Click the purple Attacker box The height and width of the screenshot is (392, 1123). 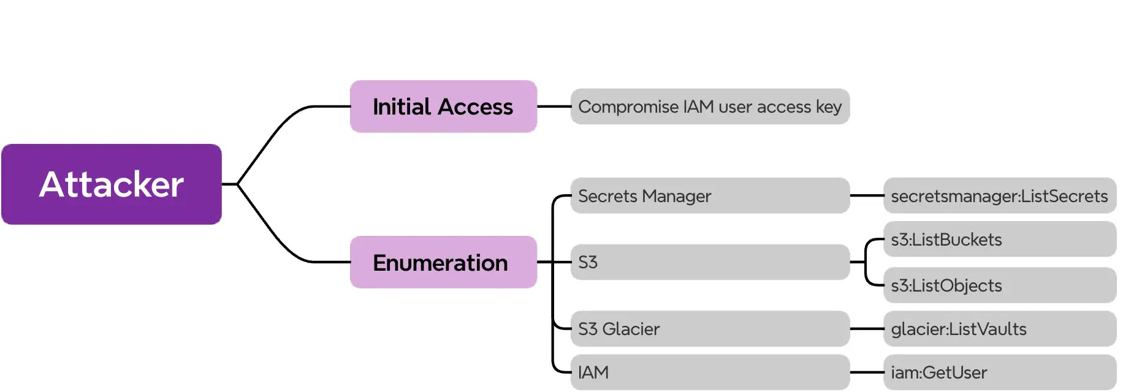pos(112,184)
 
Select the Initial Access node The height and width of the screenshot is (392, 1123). pos(443,107)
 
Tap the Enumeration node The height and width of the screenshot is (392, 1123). pos(443,262)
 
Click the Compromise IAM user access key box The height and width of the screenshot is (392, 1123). pos(710,107)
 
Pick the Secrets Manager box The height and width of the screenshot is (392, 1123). pos(710,196)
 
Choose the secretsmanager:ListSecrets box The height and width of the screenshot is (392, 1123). pos(1000,196)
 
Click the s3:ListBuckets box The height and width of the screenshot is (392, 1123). pos(1000,239)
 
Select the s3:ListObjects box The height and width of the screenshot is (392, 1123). pos(1000,285)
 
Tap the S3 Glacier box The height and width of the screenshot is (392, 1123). pos(710,329)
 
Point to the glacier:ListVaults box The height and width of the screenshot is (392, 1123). pos(1000,329)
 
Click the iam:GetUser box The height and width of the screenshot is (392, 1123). pos(1000,372)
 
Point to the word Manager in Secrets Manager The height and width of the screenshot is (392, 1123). pos(677,197)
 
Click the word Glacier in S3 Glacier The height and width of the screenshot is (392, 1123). pos(631,329)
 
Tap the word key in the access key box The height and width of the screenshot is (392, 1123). pos(829,107)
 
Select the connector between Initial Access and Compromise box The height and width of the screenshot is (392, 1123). pos(554,107)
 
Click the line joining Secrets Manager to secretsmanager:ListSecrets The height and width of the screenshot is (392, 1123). pos(867,196)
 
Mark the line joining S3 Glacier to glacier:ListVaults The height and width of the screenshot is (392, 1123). pos(867,329)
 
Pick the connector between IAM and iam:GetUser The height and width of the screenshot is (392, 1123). pos(867,372)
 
